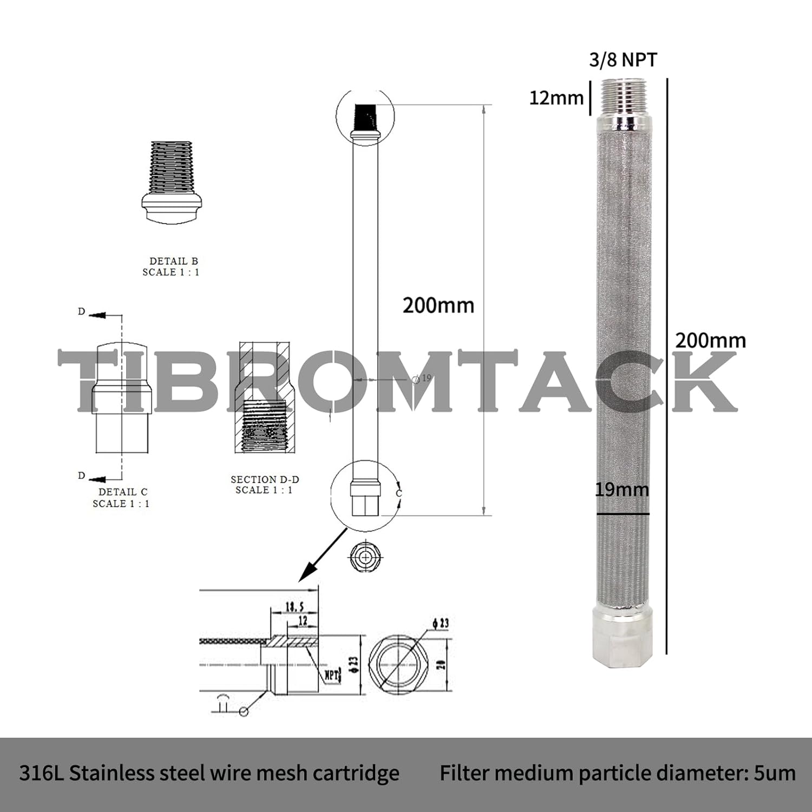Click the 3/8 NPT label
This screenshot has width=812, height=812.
coord(623,60)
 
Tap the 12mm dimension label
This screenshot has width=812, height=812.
coord(556,98)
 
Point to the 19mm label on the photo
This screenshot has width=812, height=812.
coord(622,490)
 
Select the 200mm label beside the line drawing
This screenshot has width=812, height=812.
coord(438,306)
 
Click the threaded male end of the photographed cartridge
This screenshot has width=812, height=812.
coord(624,97)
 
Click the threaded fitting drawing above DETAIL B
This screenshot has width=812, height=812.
coord(172,181)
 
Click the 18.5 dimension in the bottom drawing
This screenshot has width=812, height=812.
coord(294,606)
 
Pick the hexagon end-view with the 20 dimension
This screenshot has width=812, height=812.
coord(398,663)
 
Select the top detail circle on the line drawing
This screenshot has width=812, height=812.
coord(365,115)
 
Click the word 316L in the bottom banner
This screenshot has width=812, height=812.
coord(41,773)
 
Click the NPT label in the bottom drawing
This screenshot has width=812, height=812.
coord(331,675)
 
